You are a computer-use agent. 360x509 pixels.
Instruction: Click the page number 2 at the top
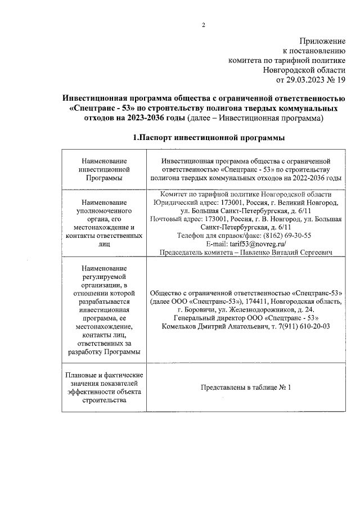(204, 25)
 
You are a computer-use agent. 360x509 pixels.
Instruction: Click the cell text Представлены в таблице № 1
(245, 387)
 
